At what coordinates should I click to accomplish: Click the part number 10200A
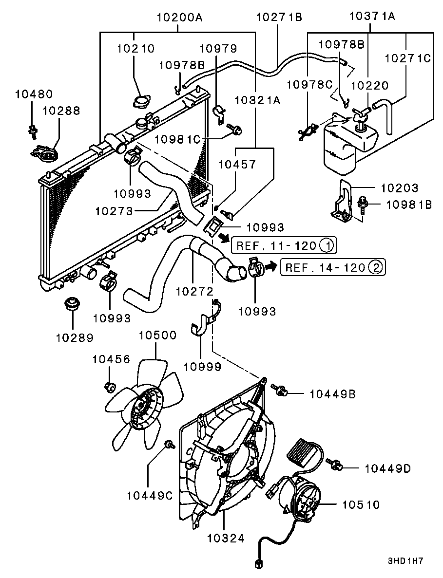[x=179, y=18]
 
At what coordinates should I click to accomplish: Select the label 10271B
[x=279, y=18]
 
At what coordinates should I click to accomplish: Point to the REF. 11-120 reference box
[x=283, y=245]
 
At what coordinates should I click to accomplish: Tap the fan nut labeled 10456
[x=110, y=387]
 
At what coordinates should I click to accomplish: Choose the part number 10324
[x=225, y=538]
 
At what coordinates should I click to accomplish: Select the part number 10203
[x=400, y=188]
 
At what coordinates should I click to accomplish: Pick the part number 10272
[x=194, y=292]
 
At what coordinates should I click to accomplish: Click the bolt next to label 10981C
[x=237, y=130]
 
